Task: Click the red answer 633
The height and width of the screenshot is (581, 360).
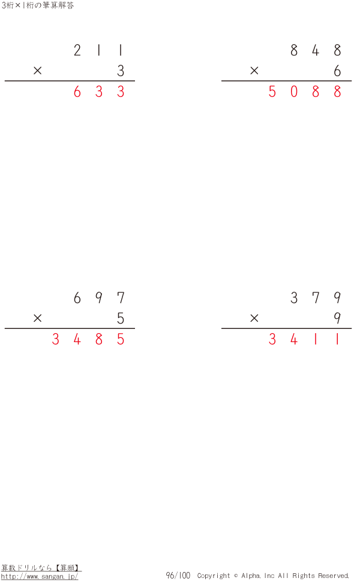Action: [99, 91]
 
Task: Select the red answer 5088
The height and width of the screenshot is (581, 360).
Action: [305, 91]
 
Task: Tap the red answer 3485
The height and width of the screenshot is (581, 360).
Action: [88, 339]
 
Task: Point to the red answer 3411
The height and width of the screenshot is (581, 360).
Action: [305, 339]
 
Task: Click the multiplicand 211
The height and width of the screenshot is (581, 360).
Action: [99, 50]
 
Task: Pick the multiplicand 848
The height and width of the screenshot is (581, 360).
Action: [316, 50]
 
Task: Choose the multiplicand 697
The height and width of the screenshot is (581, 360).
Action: [99, 298]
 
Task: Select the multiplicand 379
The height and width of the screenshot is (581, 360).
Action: [316, 298]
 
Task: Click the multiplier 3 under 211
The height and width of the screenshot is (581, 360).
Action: [121, 71]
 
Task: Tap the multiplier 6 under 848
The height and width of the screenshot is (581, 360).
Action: [337, 71]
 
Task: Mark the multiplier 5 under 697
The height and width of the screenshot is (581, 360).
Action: [121, 318]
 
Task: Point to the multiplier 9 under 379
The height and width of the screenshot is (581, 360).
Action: [337, 318]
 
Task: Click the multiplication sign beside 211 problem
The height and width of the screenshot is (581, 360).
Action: [37, 70]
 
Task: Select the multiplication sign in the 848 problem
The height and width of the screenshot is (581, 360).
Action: [254, 70]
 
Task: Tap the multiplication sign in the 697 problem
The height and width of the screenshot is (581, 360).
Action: [37, 318]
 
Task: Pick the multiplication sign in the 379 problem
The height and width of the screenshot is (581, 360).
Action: [254, 318]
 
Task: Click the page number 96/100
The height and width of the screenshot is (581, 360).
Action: [178, 576]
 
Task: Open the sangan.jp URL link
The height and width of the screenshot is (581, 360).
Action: [40, 577]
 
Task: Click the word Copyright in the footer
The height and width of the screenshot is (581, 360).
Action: [214, 576]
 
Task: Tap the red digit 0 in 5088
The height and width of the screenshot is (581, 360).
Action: [294, 91]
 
